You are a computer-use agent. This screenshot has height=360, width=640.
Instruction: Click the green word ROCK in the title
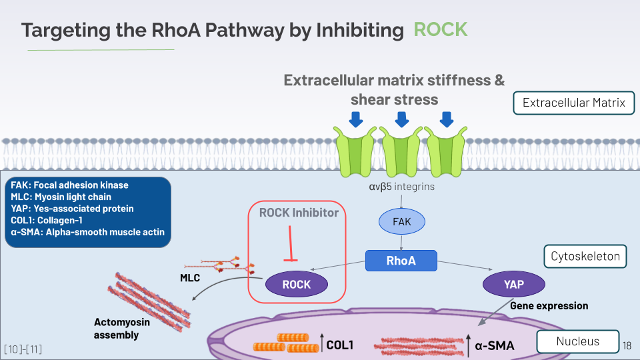pos(441,29)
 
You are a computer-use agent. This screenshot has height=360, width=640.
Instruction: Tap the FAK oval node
pos(401,221)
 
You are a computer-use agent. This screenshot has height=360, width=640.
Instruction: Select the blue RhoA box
pos(401,261)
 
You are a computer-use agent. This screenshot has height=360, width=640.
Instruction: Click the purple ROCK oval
pos(297,284)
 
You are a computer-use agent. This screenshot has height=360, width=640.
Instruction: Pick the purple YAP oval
pos(514,284)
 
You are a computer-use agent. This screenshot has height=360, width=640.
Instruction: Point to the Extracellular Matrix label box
pos(573,103)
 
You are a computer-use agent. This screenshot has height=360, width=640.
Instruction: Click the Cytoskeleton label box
pos(585,256)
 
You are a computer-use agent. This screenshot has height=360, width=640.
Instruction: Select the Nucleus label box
pos(577,341)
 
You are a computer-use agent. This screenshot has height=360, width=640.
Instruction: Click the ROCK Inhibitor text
pos(299,213)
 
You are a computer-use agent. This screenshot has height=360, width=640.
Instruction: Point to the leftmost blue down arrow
pos(356,119)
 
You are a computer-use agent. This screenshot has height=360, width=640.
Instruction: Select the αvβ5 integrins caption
pos(401,187)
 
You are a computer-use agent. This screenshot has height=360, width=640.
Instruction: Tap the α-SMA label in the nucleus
pos(495,345)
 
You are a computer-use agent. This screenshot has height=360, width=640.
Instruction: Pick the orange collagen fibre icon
pos(286,343)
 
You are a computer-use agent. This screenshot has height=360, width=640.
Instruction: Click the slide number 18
pos(627,345)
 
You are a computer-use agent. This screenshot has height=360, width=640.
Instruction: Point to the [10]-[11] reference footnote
pos(23,349)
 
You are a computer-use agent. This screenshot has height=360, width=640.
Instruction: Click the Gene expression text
pos(549,305)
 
